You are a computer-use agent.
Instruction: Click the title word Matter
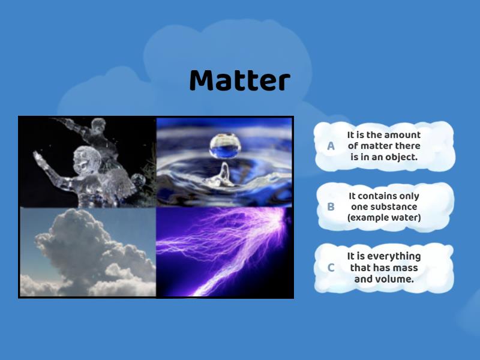[239, 80]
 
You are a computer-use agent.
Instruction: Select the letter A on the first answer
[331, 146]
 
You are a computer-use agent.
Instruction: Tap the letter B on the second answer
[331, 206]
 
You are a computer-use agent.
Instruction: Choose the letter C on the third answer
[331, 268]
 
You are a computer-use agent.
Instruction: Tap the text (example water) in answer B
[384, 217]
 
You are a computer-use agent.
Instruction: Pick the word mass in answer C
[405, 268]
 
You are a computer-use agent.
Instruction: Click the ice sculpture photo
[88, 162]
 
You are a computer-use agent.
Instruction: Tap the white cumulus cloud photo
[88, 252]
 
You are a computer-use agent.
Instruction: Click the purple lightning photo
[224, 252]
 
